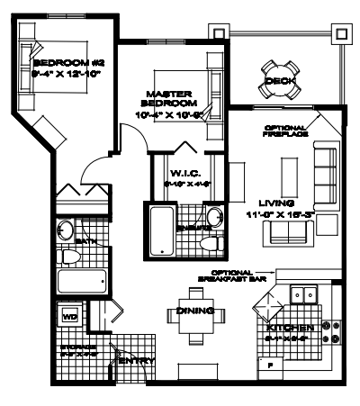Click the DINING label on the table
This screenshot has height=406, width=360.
point(195,311)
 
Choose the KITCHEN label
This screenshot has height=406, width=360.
point(290,329)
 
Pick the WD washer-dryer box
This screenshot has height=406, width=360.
point(69,317)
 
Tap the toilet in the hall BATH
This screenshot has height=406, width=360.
point(72,257)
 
